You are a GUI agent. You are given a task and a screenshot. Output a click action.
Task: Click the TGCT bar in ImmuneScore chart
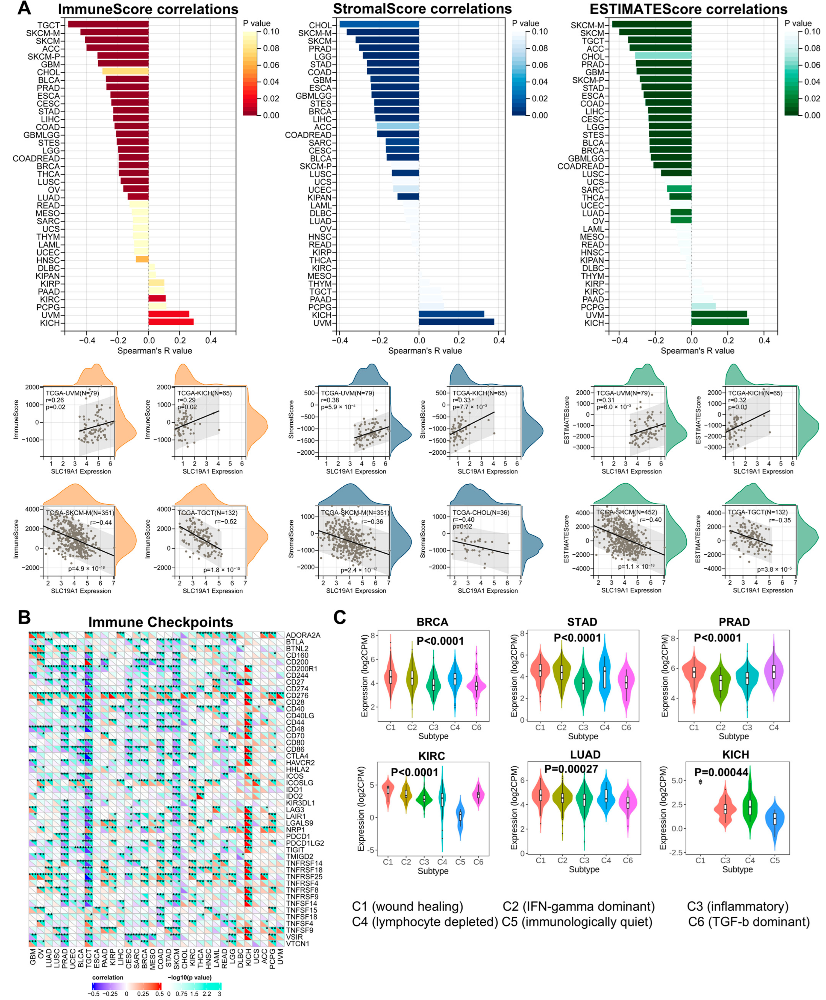pyautogui.click(x=108, y=25)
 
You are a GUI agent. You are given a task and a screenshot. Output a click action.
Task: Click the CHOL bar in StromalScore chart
pyautogui.click(x=379, y=25)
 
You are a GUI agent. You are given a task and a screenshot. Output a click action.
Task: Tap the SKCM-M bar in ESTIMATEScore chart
pyautogui.click(x=652, y=25)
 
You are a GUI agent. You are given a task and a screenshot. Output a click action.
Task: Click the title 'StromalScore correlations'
pyautogui.click(x=422, y=9)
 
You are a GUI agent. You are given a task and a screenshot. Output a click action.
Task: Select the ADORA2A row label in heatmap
pyautogui.click(x=303, y=635)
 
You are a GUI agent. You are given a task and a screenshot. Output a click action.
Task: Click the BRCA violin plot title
pyautogui.click(x=432, y=622)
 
